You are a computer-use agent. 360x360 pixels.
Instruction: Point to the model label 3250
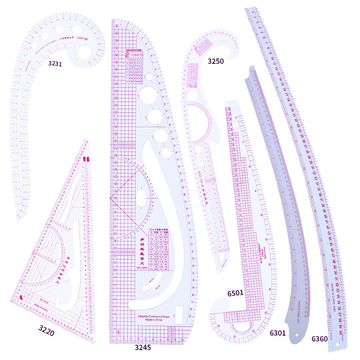tap(216, 61)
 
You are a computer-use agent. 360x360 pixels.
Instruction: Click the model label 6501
tap(235, 293)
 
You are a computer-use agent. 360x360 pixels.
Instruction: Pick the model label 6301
tap(278, 333)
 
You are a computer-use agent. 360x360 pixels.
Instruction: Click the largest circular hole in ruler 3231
tap(84, 52)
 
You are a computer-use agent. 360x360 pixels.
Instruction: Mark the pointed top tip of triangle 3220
tap(88, 140)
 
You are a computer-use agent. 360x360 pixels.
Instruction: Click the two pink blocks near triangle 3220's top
tap(85, 159)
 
